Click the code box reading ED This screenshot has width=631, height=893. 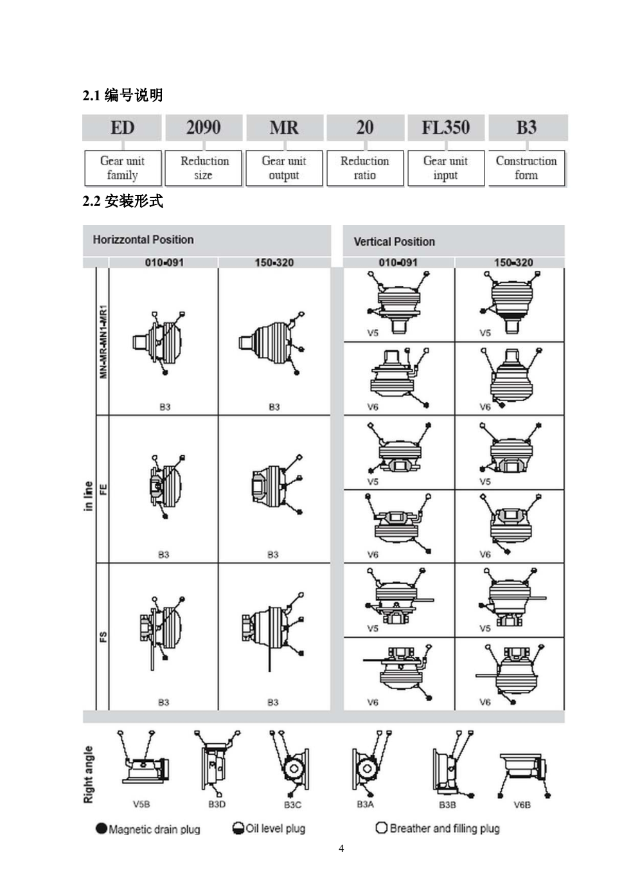pyautogui.click(x=122, y=127)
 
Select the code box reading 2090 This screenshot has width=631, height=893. pyautogui.click(x=203, y=127)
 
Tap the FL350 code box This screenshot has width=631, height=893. pyautogui.click(x=445, y=127)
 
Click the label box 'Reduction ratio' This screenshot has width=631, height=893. pyautogui.click(x=364, y=168)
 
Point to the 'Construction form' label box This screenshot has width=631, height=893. pyautogui.click(x=526, y=168)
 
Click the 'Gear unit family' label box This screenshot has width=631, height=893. pyautogui.click(x=122, y=168)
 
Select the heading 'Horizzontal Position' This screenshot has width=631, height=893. pyautogui.click(x=143, y=240)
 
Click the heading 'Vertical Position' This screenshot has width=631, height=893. pyautogui.click(x=394, y=242)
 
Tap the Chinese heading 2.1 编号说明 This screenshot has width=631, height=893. pyautogui.click(x=123, y=95)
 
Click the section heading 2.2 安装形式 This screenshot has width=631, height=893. pyautogui.click(x=123, y=201)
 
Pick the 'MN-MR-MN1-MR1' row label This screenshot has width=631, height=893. pyautogui.click(x=103, y=341)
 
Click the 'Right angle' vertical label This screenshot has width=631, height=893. pyautogui.click(x=89, y=774)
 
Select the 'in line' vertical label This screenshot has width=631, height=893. pyautogui.click(x=89, y=496)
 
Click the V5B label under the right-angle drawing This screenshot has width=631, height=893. pyautogui.click(x=141, y=804)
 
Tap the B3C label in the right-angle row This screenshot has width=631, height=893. pyautogui.click(x=292, y=805)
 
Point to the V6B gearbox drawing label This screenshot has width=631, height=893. pyautogui.click(x=522, y=805)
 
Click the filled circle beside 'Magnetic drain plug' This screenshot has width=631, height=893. pyautogui.click(x=102, y=828)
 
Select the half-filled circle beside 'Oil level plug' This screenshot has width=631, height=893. pyautogui.click(x=238, y=828)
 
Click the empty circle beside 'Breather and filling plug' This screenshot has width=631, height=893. pyautogui.click(x=381, y=827)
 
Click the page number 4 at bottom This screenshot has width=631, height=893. pyautogui.click(x=341, y=849)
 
